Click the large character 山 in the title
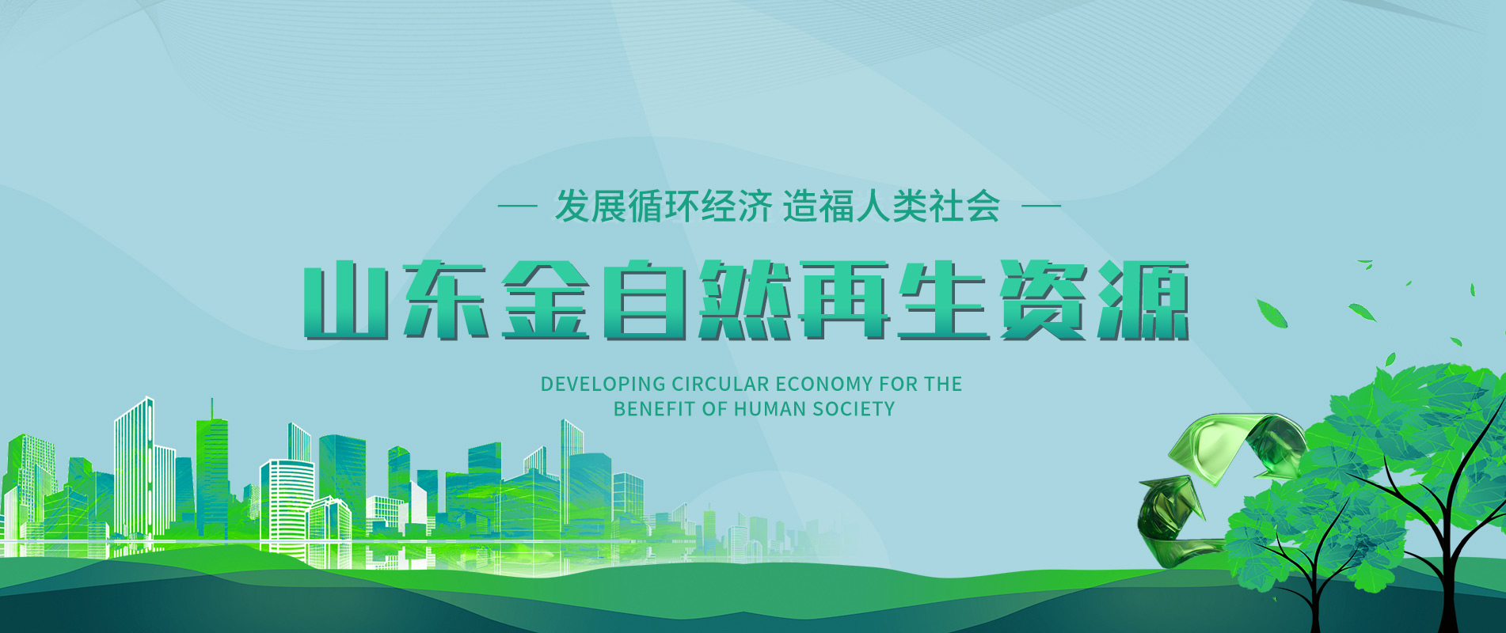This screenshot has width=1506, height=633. coord(345,301)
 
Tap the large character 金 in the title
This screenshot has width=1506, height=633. coord(546,300)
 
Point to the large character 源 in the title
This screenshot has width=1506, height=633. coord(1143,300)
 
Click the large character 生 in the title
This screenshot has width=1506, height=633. coord(944,300)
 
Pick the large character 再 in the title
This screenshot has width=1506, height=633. coord(844,300)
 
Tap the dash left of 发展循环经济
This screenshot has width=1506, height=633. coord(517,207)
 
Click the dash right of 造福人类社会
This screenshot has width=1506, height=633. coord(1041,207)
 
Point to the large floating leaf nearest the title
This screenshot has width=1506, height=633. coord(1272,313)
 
